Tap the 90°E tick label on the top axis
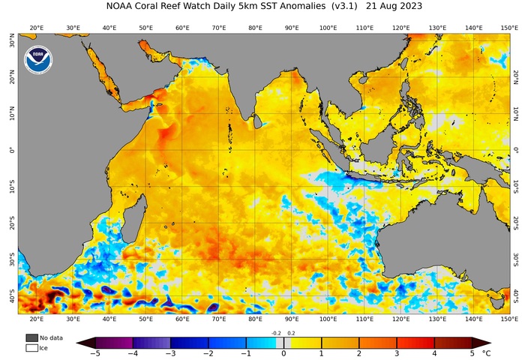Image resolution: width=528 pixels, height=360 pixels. point(291,28)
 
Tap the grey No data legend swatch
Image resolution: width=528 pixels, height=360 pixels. point(31,338)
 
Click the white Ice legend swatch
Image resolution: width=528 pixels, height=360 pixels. point(31,348)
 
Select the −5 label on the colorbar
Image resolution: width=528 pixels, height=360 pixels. point(95,353)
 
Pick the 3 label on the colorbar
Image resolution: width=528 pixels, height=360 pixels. point(396,353)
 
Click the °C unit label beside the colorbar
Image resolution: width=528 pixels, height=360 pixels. point(487,352)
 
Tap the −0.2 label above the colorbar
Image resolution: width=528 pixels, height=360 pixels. point(276,333)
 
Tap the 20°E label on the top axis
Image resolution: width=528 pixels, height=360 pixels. point(35,28)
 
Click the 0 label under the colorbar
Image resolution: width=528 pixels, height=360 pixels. point(283,353)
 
